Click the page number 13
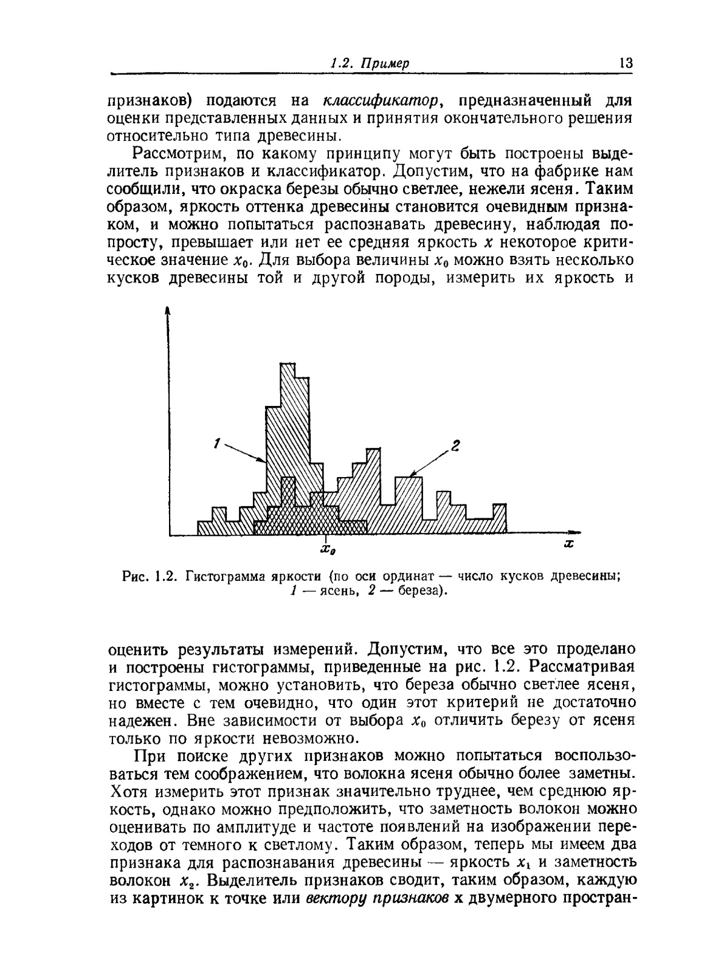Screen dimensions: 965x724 point(626,63)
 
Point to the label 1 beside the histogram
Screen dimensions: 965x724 point(216,444)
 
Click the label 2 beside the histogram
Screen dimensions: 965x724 point(457,448)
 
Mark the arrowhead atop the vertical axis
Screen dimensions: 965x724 point(168,311)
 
